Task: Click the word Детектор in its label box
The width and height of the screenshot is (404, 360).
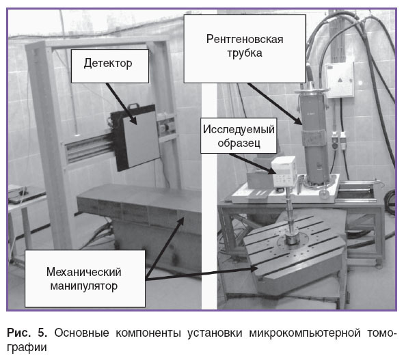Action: click(108, 64)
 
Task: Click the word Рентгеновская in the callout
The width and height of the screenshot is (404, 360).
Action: click(245, 40)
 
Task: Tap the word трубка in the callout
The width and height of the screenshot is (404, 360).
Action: click(245, 53)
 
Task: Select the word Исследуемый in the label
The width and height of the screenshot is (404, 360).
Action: click(239, 129)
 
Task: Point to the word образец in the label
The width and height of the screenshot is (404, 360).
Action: click(239, 143)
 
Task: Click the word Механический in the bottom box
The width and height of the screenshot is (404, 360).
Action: click(83, 272)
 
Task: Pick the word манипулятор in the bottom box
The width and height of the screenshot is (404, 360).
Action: click(83, 286)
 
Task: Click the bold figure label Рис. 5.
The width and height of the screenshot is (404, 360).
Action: click(27, 333)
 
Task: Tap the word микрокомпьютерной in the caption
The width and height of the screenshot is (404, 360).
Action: click(305, 333)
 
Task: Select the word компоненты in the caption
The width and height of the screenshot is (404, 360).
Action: click(148, 333)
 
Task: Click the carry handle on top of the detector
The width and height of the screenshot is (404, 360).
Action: click(133, 106)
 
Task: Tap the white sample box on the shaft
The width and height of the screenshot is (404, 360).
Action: click(284, 171)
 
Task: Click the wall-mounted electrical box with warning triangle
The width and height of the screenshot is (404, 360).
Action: click(340, 80)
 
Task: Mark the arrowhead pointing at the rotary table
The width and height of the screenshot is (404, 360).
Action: click(253, 268)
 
